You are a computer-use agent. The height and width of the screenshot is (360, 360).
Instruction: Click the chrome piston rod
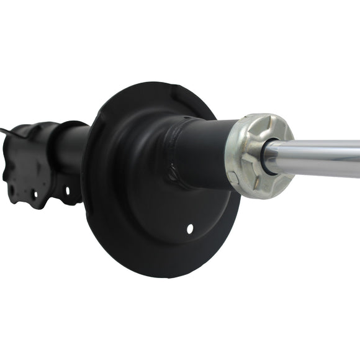click(x=323, y=158)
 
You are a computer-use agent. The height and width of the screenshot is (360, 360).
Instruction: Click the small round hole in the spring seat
click(x=190, y=229)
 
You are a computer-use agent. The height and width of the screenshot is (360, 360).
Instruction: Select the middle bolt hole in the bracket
click(x=35, y=194)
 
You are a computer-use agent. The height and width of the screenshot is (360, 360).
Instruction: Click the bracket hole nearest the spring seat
click(x=68, y=191)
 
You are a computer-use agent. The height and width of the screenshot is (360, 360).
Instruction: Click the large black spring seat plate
click(x=137, y=205)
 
